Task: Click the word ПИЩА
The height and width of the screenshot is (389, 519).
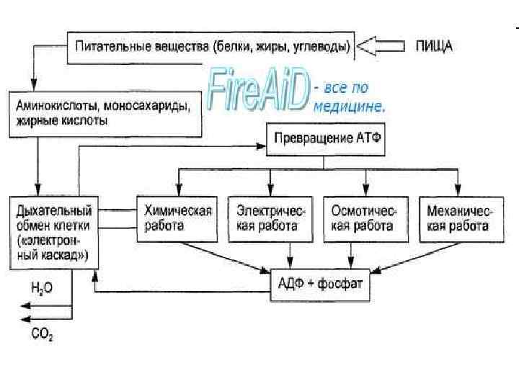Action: point(435,47)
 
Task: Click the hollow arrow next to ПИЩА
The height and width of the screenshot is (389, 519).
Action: point(382,47)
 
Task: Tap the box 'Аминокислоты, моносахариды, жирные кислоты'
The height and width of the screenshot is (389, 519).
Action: point(105,114)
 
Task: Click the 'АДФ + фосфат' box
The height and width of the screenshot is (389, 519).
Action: point(320,283)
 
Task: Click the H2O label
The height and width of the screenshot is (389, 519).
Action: point(42,287)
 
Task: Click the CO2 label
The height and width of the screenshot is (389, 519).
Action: point(42,334)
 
